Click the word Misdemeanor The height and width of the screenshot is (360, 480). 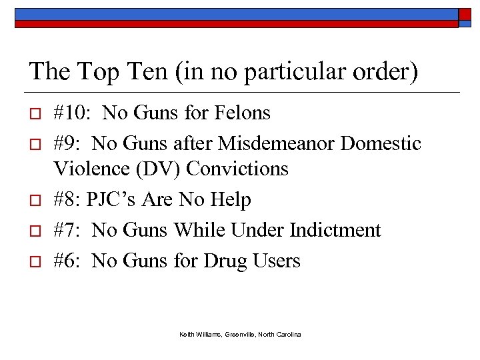pyautogui.click(x=280, y=143)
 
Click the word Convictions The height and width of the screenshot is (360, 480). pyautogui.click(x=237, y=169)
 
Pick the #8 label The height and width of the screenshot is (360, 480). pyautogui.click(x=65, y=199)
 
